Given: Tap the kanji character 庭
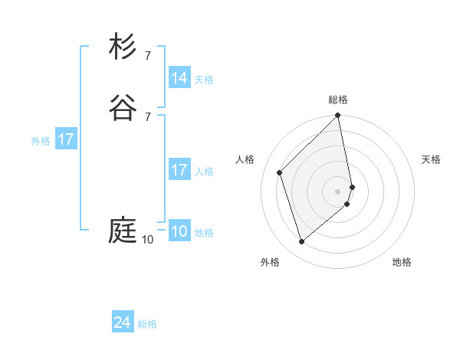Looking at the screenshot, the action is tap(123, 231).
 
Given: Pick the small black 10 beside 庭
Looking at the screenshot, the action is tap(147, 240).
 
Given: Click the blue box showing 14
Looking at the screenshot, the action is tap(179, 78).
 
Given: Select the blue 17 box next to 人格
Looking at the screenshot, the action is tap(179, 170).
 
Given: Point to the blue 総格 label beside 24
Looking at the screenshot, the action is tap(147, 324).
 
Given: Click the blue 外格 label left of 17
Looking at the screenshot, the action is tap(40, 140).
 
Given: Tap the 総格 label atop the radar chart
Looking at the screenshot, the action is tap(338, 100).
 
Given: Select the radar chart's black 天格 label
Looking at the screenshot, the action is tap(431, 159).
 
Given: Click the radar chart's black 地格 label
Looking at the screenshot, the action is tap(402, 262).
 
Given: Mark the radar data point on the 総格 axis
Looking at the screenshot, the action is tap(338, 116).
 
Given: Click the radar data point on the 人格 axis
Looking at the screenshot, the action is tap(280, 172).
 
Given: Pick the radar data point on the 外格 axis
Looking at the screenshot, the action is tap(301, 242).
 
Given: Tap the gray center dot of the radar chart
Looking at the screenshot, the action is tap(338, 191).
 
